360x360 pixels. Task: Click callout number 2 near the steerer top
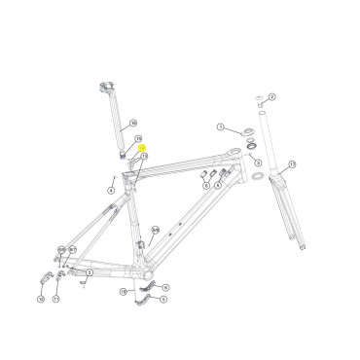[x=272, y=96]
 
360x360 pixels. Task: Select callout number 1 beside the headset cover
[x=221, y=126]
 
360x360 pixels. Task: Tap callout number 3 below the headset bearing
[x=258, y=162]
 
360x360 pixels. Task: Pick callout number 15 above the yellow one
[x=139, y=139]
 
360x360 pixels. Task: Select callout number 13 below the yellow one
[x=144, y=156]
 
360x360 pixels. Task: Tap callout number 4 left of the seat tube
[x=111, y=191]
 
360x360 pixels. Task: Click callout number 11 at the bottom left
[x=56, y=300]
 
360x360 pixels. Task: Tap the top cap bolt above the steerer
[x=260, y=99]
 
